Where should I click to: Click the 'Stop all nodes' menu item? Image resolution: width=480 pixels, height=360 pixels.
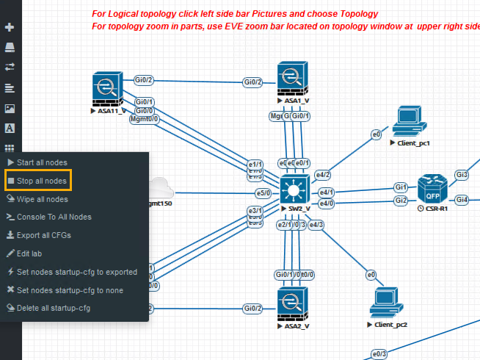point(41,180)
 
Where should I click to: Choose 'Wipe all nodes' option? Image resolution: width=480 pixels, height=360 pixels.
point(42,199)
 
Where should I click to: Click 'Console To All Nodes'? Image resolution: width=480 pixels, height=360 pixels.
point(54,217)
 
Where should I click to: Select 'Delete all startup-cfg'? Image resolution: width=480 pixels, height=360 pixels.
point(53,308)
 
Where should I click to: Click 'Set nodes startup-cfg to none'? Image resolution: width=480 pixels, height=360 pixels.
point(70,290)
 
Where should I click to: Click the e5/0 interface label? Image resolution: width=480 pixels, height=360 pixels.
point(262,192)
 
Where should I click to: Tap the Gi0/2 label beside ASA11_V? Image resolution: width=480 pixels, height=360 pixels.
point(144,80)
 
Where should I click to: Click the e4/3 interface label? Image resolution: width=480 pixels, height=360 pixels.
point(316,224)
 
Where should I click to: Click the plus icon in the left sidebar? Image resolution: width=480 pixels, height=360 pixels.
point(10,27)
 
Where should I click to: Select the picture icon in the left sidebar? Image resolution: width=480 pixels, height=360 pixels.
point(10,108)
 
